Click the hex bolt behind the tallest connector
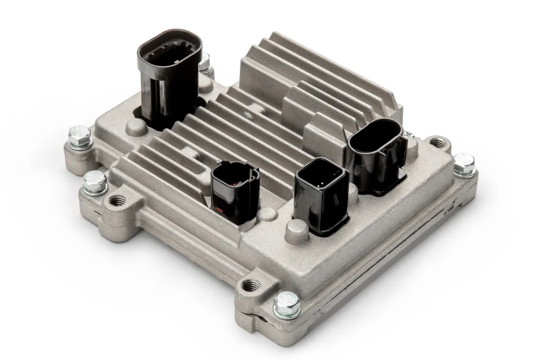[x=204, y=65]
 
